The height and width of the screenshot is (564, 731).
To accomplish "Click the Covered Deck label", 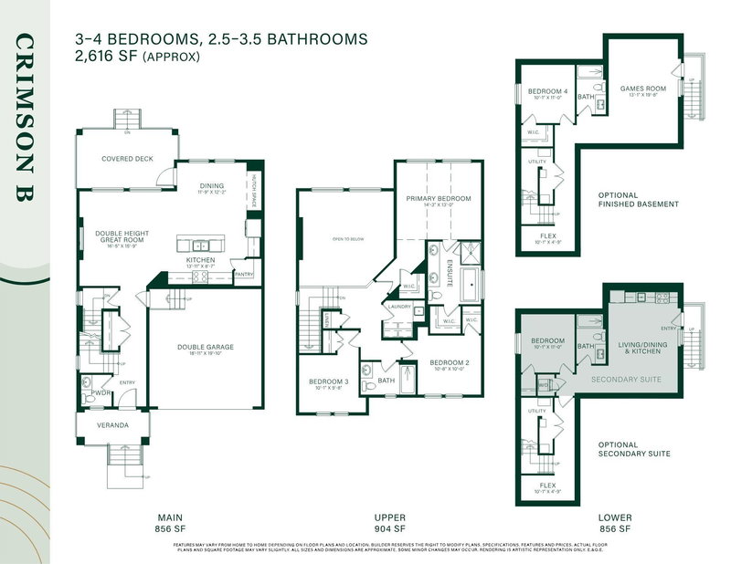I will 127,158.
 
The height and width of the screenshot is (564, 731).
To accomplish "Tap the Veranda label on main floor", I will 114,425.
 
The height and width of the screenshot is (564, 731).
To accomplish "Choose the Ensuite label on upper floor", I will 450,266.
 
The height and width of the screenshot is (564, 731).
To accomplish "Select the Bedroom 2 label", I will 450,362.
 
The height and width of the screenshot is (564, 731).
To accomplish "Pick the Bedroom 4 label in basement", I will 545,90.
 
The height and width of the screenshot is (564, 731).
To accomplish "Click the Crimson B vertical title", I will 25,119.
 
